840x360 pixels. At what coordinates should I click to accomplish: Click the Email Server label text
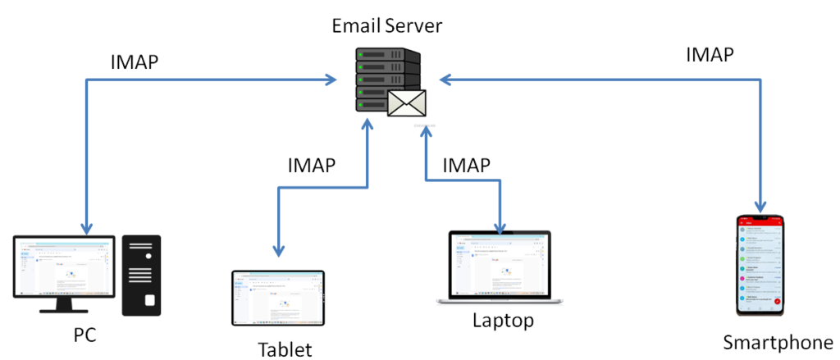click(x=386, y=25)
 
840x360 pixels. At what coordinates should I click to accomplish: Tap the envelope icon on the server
click(x=408, y=103)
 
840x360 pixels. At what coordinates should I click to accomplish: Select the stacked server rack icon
click(x=384, y=80)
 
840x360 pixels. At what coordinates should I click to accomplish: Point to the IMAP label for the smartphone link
click(x=710, y=55)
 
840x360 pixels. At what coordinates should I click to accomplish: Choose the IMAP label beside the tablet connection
click(x=312, y=165)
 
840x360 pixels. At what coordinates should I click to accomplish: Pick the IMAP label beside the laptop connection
click(x=466, y=165)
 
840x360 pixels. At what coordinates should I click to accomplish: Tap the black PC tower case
click(x=141, y=276)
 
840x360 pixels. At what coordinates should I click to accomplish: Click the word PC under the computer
click(x=84, y=336)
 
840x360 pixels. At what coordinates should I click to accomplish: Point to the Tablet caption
click(x=285, y=349)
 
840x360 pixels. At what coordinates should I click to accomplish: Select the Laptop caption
click(x=503, y=319)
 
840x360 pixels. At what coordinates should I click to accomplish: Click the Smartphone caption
click(x=778, y=341)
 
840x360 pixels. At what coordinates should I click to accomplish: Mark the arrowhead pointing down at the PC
click(x=85, y=226)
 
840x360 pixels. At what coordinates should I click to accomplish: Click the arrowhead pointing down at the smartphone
click(x=761, y=207)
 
